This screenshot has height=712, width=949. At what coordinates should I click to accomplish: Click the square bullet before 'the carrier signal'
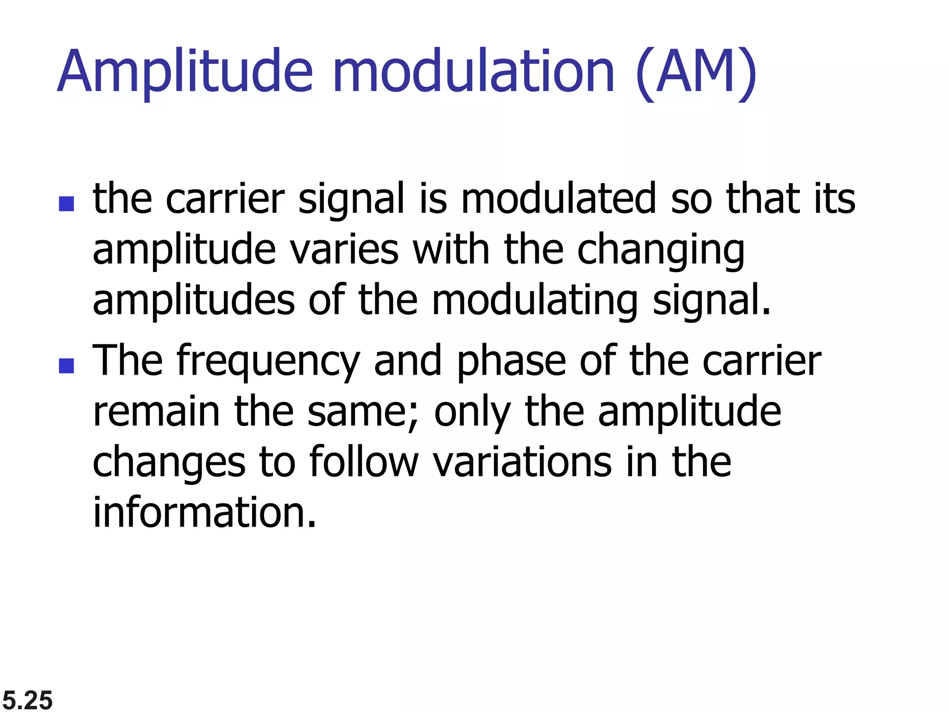(67, 204)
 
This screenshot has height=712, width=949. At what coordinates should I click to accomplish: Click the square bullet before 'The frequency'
(67, 366)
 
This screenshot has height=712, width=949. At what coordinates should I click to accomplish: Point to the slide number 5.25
(28, 699)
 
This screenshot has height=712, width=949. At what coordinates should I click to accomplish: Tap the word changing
(661, 250)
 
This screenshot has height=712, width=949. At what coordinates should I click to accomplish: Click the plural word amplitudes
(194, 301)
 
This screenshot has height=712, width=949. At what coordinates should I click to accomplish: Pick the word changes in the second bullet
(169, 463)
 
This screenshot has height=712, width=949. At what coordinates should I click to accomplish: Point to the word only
(472, 413)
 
